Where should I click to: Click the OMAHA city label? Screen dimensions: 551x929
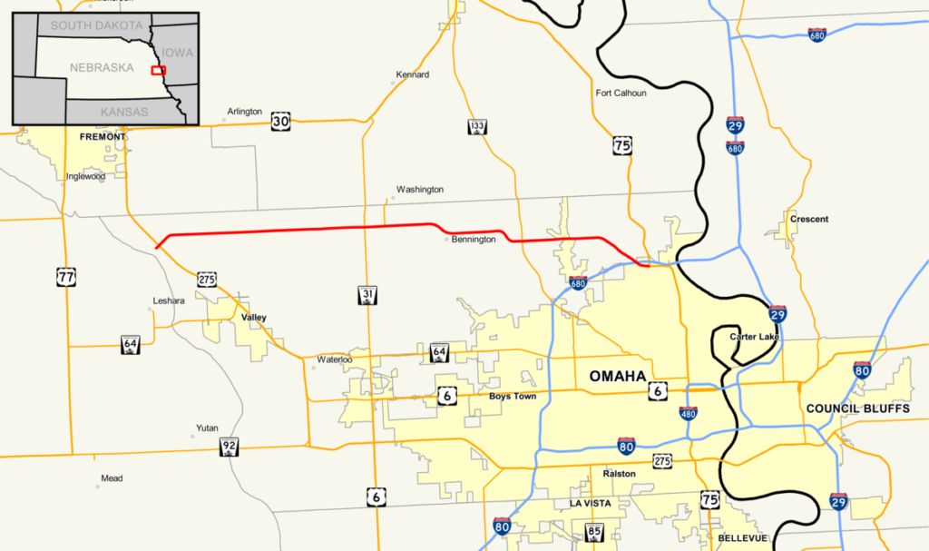[618, 377]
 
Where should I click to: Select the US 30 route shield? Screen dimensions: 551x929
[280, 121]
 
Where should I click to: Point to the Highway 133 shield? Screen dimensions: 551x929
[476, 127]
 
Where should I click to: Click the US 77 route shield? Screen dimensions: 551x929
[65, 277]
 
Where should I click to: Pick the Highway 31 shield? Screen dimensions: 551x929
[367, 294]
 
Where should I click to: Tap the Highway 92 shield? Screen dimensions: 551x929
[229, 447]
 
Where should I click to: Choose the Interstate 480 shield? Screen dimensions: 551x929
[689, 413]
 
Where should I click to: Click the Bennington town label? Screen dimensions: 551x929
[474, 240]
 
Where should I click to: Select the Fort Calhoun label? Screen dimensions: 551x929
[621, 93]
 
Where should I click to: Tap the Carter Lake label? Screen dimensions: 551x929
[754, 338]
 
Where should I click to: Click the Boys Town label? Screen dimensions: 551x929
[513, 397]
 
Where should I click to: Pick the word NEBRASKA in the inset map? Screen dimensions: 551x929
[102, 68]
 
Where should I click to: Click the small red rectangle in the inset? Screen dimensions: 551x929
[159, 70]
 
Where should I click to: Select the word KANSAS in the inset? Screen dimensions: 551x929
[124, 111]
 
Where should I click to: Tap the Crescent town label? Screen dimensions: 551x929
[809, 219]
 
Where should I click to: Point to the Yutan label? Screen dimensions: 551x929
[207, 428]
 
